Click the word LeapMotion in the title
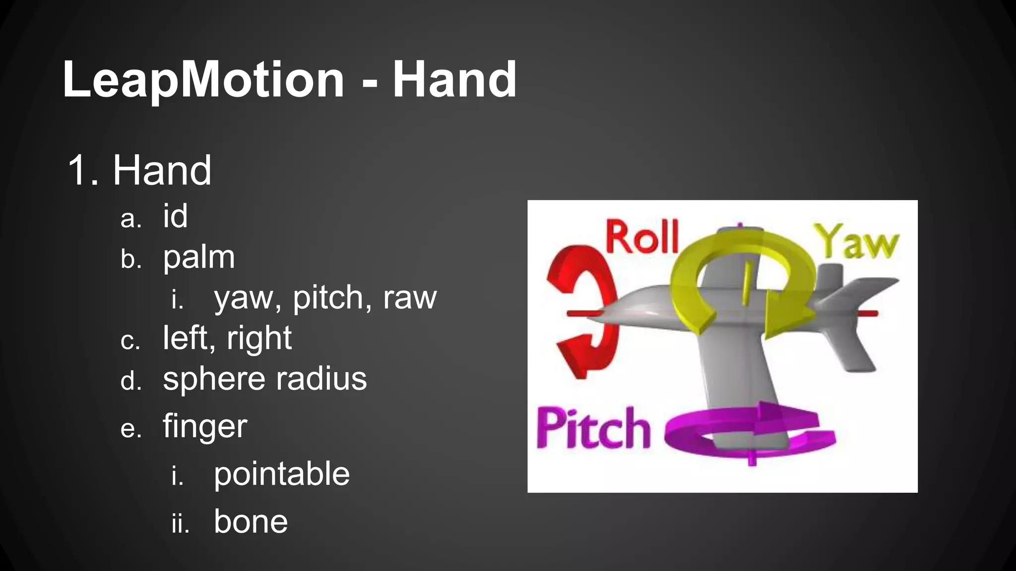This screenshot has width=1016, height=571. pyautogui.click(x=203, y=80)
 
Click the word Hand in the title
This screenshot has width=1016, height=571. pyautogui.click(x=454, y=80)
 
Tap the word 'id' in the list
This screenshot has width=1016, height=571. pyautogui.click(x=175, y=216)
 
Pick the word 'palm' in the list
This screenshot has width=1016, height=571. pyautogui.click(x=198, y=257)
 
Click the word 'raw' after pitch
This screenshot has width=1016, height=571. pyautogui.click(x=410, y=298)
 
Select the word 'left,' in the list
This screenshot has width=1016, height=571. pyautogui.click(x=189, y=338)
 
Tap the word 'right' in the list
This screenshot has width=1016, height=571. pyautogui.click(x=259, y=338)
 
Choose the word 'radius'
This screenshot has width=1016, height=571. pyautogui.click(x=321, y=379)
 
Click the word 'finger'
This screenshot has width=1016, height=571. pyautogui.click(x=205, y=426)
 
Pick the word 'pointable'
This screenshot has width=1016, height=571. pyautogui.click(x=282, y=474)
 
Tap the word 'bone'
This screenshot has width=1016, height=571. pyautogui.click(x=251, y=521)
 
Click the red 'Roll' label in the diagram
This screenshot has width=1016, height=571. pyautogui.click(x=642, y=238)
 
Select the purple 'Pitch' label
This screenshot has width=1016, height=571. pyautogui.click(x=593, y=429)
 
